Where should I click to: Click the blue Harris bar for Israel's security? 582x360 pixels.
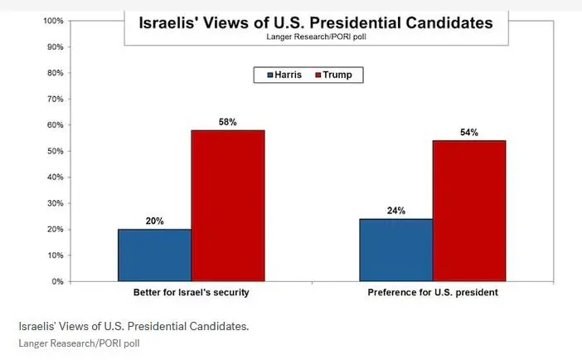154,255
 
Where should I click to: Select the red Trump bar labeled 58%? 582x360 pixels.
228,206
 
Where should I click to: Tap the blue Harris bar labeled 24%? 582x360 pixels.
395,250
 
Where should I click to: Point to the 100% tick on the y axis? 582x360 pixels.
52,21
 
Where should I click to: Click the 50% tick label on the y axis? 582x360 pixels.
55,151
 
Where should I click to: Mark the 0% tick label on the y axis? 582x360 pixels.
57,281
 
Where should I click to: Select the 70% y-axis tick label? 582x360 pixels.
55,99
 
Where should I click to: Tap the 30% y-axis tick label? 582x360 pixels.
55,203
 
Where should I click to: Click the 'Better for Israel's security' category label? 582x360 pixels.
191,294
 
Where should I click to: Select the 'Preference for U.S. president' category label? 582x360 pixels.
432,294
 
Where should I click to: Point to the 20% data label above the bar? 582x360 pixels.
154,221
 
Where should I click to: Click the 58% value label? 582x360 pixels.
227,122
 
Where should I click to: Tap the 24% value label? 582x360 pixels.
395,211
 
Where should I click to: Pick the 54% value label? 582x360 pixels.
468,133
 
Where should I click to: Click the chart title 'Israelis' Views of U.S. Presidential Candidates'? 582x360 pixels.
308,22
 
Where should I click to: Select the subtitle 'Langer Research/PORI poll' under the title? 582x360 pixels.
308,37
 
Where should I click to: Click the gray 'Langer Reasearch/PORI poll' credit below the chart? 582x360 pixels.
74,343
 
